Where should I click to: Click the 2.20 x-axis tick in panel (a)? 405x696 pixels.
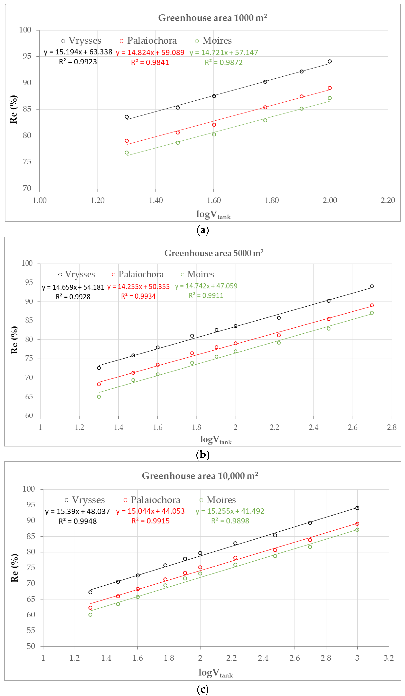click(x=388, y=201)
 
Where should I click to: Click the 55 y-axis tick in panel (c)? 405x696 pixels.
click(x=31, y=631)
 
